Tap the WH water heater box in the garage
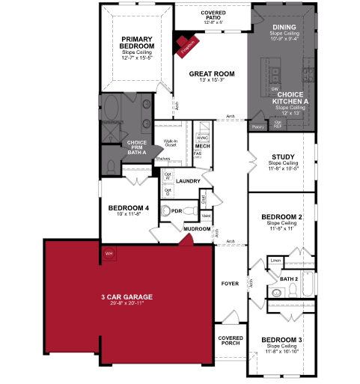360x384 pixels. point(109,252)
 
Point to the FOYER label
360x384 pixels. point(230,284)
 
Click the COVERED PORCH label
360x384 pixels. point(230,341)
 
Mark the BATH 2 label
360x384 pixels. point(289,278)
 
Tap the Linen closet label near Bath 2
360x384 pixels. point(275,260)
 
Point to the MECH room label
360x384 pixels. point(202,146)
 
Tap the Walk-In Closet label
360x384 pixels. point(170,144)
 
